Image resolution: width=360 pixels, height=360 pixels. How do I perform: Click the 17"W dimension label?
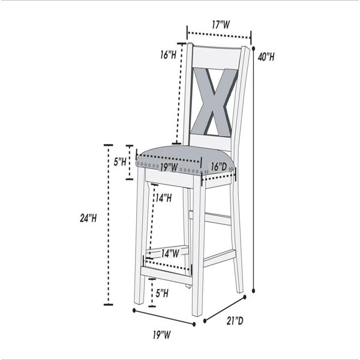[221, 25]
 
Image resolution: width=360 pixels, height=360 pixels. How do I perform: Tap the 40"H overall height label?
[266, 57]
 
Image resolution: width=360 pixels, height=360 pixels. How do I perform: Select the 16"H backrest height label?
[168, 55]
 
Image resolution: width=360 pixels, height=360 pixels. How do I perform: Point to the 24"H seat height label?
[88, 218]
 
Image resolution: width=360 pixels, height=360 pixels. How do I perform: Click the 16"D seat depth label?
[219, 167]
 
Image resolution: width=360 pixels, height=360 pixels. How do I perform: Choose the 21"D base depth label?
[235, 321]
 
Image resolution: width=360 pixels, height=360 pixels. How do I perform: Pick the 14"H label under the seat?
[163, 197]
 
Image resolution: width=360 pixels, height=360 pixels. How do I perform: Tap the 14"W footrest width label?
[170, 253]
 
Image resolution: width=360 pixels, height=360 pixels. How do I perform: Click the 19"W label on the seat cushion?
[169, 167]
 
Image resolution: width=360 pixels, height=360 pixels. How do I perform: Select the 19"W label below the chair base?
[162, 335]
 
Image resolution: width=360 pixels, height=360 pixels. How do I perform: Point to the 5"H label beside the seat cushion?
[120, 162]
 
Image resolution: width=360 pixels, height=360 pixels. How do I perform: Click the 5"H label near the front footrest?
[162, 293]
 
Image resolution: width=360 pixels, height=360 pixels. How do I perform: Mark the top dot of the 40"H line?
[253, 48]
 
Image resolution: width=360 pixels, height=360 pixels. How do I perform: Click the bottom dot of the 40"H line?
[253, 290]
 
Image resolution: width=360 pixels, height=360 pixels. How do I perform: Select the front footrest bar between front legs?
[166, 275]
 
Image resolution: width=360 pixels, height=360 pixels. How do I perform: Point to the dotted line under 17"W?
[219, 35]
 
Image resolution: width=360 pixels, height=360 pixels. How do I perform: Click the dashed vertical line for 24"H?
[109, 225]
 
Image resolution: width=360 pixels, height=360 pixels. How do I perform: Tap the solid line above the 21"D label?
[224, 309]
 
